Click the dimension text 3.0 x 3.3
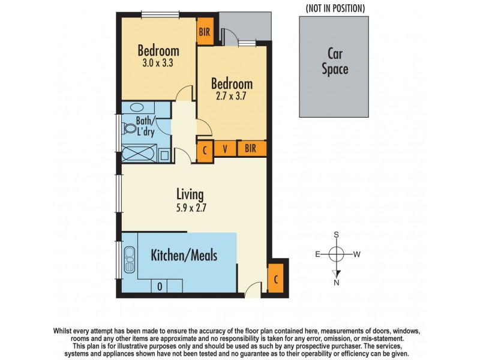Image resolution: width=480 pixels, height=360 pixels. click(x=158, y=61)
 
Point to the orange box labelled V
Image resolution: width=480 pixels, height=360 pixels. click(x=225, y=148)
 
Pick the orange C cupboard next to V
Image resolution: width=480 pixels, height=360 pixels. click(x=205, y=149)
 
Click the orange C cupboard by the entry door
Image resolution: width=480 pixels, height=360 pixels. click(x=275, y=280)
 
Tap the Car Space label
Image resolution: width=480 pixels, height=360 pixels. click(x=334, y=62)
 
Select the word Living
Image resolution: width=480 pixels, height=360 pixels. click(x=190, y=194)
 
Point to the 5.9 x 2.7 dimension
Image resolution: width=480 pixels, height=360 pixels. click(x=190, y=209)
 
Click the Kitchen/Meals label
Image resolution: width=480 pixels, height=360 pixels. click(x=184, y=256)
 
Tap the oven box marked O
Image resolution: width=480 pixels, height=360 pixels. click(x=160, y=287)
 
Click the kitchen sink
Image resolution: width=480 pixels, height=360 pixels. click(x=129, y=259)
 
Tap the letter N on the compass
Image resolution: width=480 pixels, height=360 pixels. click(x=337, y=282)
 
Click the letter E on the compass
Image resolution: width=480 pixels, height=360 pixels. click(x=317, y=254)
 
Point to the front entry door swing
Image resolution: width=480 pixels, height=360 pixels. click(x=254, y=290)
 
